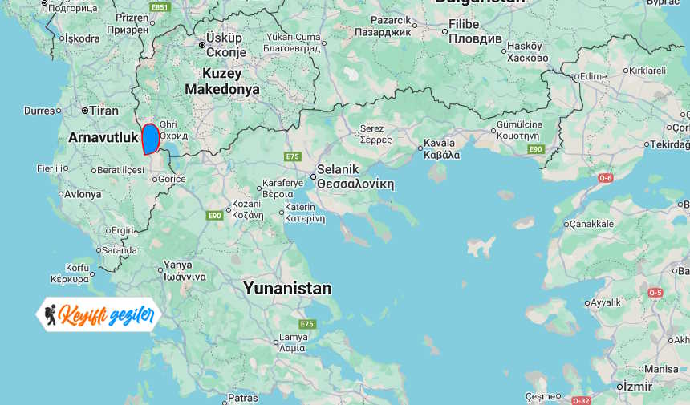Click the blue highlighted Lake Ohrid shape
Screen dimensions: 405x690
[x=150, y=138]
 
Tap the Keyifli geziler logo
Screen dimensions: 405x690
[x=99, y=314]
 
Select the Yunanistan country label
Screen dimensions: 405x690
[x=287, y=288]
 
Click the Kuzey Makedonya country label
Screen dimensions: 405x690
[x=222, y=81]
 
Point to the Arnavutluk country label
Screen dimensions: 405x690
[x=103, y=137]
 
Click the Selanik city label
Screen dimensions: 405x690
[x=337, y=169]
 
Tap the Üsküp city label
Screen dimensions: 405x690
[x=224, y=38]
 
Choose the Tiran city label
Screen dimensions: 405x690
[x=103, y=111]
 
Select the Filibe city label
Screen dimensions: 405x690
[x=464, y=24]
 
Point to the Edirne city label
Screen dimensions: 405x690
[x=593, y=76]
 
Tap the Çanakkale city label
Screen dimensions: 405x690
[x=592, y=224]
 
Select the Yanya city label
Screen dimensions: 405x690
[x=177, y=265]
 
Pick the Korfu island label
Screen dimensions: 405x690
[x=78, y=268]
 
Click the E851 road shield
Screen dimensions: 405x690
[x=160, y=7]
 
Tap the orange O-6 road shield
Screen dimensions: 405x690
[x=605, y=177]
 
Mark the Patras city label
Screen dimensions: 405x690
[x=242, y=397]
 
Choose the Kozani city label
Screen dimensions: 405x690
[x=246, y=204]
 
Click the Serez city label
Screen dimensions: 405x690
[x=372, y=128]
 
